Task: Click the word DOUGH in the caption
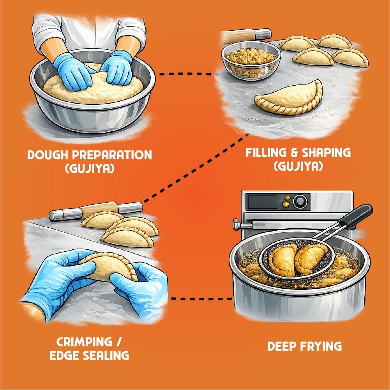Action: point(48,155)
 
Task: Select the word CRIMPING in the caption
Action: point(84,342)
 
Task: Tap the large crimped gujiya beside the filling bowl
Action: point(289,97)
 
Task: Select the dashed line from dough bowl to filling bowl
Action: point(185,74)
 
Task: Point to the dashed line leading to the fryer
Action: point(202,298)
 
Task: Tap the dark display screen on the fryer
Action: point(263,201)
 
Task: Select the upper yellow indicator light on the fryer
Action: point(287,198)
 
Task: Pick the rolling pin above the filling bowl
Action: point(246,35)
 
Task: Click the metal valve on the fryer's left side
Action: point(242,225)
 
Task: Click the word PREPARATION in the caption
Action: point(112,155)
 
